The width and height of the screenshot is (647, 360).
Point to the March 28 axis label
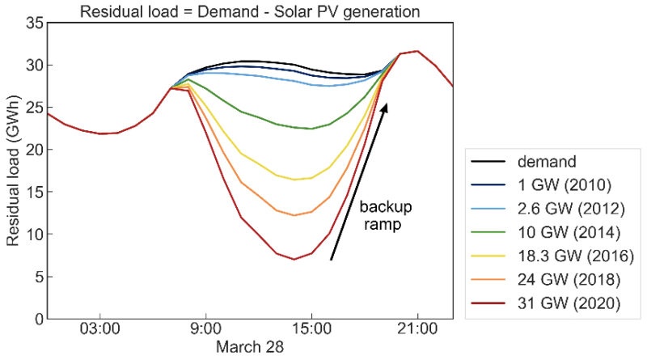point(249,347)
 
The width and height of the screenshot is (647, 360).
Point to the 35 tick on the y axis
point(32,23)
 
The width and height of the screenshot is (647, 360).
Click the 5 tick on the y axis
point(36,277)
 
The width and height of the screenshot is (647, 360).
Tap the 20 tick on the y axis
point(32,150)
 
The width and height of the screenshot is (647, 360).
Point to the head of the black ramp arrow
point(386,104)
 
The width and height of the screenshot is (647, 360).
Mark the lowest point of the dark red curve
point(294,259)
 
